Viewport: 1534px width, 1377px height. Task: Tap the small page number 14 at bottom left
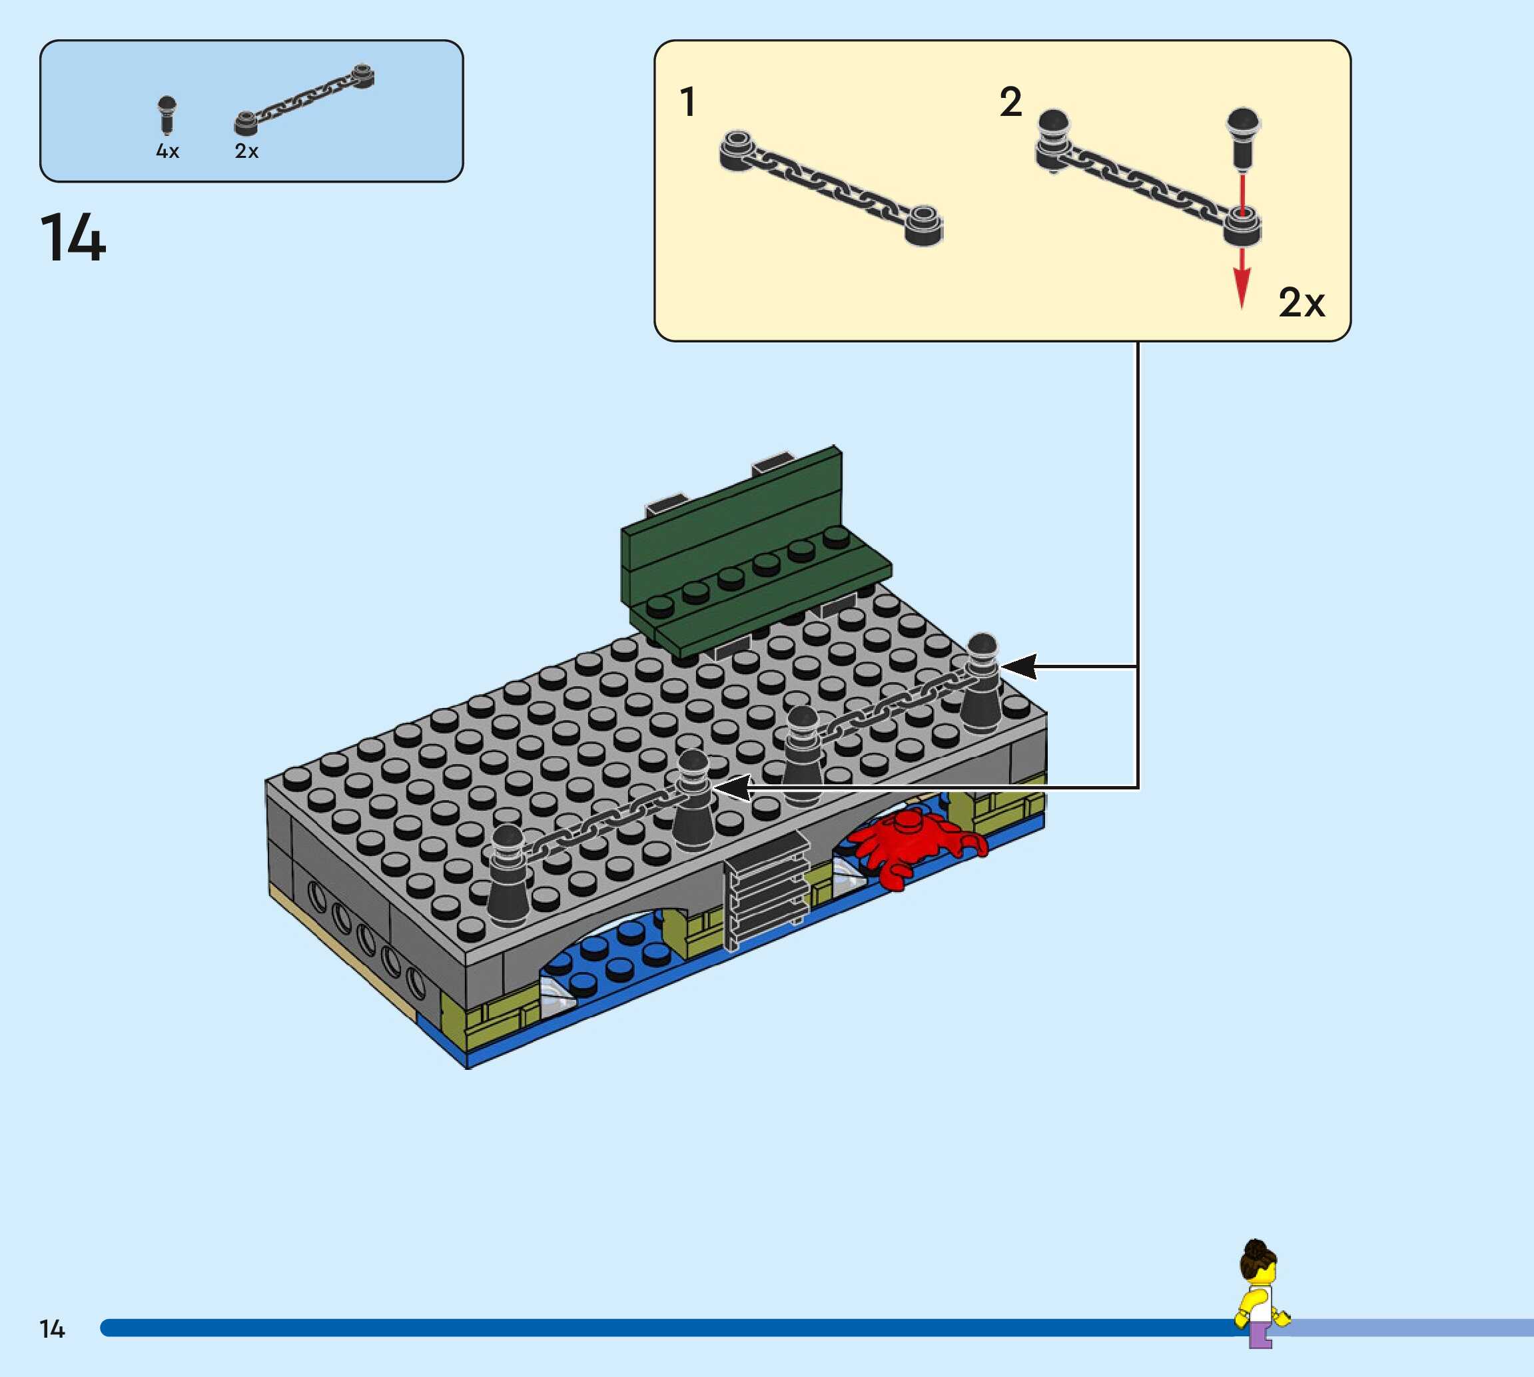(52, 1328)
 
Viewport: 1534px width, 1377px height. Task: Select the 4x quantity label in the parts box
(167, 151)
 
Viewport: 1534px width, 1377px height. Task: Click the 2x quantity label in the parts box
(246, 151)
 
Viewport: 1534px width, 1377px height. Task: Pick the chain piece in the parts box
(304, 100)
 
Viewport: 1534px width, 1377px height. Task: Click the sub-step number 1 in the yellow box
(687, 102)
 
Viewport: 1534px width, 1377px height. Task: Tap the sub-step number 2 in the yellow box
(1010, 102)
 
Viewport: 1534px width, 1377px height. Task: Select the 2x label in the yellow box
(1301, 302)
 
